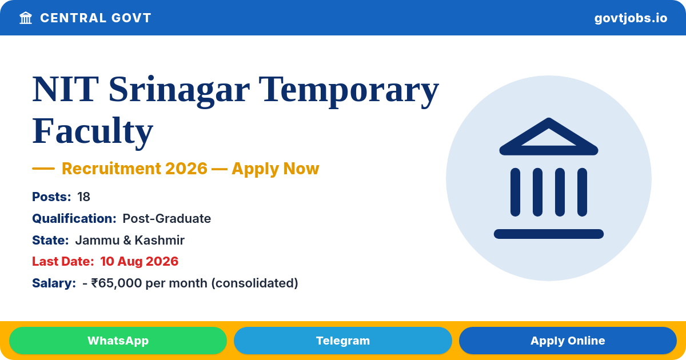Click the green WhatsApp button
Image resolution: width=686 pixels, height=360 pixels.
118,341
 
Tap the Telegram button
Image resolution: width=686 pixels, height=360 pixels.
342,341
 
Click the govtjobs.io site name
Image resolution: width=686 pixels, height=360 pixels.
631,18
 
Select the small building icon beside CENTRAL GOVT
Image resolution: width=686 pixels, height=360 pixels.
26,18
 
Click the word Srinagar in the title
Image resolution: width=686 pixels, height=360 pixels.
179,90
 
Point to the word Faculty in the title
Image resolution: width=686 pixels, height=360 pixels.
93,131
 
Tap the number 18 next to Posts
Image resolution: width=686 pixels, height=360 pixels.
83,197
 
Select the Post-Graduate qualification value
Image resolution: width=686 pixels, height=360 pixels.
166,218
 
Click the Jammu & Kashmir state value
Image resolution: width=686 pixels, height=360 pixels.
130,241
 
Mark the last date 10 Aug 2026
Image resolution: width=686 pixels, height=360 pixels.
139,262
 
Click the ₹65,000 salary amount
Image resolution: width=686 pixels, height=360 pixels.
117,283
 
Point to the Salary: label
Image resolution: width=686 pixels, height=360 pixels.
54,283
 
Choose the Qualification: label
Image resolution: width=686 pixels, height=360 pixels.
74,218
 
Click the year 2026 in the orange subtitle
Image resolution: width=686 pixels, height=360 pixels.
186,169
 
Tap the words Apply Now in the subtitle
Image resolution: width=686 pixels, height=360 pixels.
276,169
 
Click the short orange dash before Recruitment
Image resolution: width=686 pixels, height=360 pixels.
43,169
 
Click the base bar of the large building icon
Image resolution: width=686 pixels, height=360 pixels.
548,234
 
